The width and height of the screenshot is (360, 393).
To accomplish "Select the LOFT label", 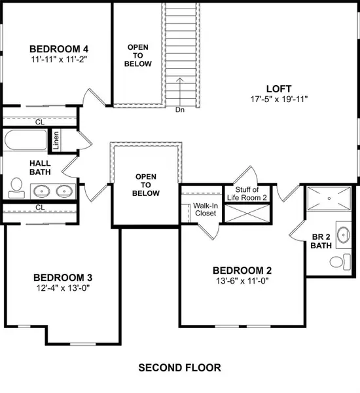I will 279,88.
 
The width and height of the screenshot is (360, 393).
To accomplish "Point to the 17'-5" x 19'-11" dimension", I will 279,100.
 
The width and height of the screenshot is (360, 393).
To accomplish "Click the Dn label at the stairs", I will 180,110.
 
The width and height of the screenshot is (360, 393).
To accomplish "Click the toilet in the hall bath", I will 16,190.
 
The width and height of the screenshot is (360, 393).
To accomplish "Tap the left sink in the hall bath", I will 41,192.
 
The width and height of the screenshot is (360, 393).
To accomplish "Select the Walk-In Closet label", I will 206,210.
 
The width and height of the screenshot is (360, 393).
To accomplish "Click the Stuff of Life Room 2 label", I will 246,193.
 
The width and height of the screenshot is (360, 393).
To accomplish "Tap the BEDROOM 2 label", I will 242,271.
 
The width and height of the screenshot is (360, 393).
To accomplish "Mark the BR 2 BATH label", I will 320,242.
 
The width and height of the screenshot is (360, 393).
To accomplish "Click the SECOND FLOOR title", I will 179,367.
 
